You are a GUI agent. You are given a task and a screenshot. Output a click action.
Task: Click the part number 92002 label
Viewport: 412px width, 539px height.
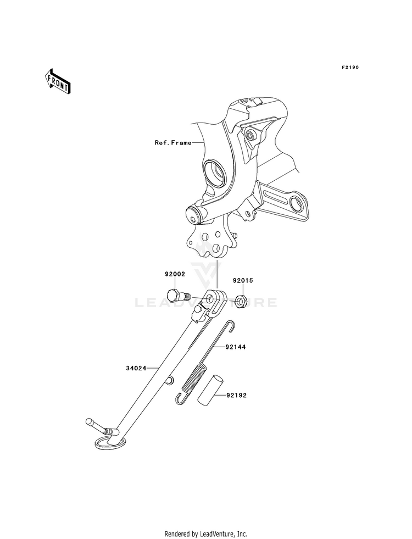tap(175, 274)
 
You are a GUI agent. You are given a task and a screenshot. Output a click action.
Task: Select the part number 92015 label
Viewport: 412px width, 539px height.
tap(243, 281)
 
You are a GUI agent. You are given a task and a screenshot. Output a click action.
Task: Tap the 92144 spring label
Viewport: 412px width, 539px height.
tap(235, 347)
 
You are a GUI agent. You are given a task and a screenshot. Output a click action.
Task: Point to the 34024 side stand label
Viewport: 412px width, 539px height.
tap(136, 369)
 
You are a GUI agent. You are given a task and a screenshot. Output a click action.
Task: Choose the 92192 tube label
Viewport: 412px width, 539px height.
tap(236, 396)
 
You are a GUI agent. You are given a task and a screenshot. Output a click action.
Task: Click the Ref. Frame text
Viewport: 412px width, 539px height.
tap(173, 142)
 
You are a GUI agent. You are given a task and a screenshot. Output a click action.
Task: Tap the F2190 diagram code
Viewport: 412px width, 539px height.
tap(350, 68)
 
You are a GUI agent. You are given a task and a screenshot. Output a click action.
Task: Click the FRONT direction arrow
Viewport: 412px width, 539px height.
tap(57, 81)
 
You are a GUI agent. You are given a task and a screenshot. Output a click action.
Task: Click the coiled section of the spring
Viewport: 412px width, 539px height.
tap(194, 380)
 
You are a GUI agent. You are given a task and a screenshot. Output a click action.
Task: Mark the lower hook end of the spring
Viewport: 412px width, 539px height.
tap(181, 399)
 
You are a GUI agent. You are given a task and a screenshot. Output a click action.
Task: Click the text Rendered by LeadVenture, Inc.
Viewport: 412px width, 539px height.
tap(206, 534)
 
